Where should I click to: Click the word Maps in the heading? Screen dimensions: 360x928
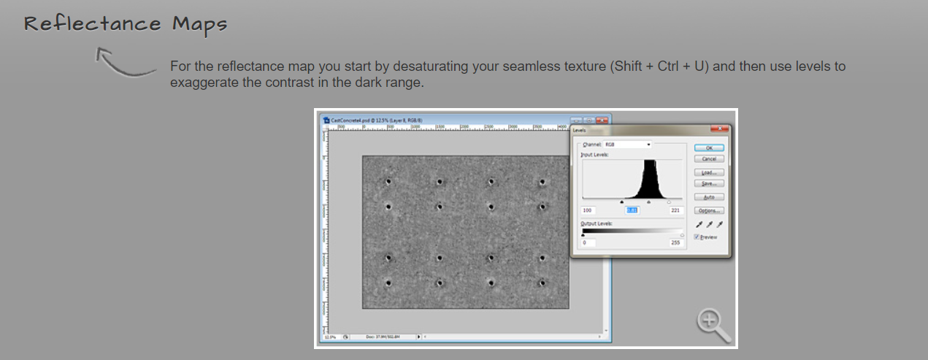[199, 23]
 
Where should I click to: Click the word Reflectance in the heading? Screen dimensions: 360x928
[92, 23]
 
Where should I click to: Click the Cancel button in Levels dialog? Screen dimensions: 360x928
[708, 158]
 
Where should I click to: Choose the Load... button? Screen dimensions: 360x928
[708, 172]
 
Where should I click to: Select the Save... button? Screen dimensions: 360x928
[708, 183]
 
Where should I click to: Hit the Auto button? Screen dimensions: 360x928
[708, 197]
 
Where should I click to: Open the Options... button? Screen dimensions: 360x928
[708, 210]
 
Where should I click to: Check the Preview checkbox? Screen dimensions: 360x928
[697, 237]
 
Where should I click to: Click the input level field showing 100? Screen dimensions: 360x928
[588, 210]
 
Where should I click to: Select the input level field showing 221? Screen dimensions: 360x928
[675, 210]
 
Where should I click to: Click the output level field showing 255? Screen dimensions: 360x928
[675, 242]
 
